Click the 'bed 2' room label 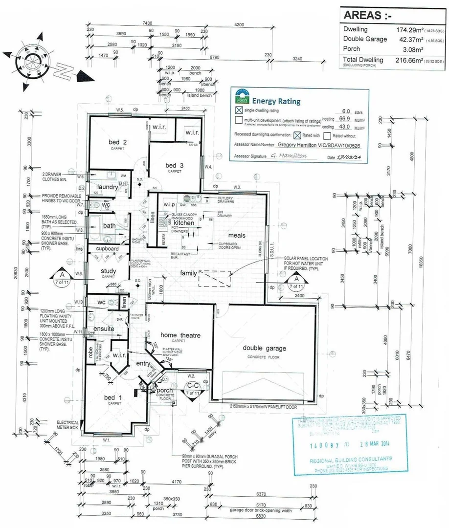coord(118,142)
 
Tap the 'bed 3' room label coord(174,165)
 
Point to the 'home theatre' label coord(181,335)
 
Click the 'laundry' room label coord(107,187)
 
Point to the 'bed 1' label coord(113,398)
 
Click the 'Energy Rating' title coord(276,101)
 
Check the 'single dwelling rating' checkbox coord(239,110)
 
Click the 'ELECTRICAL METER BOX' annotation coord(67,424)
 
